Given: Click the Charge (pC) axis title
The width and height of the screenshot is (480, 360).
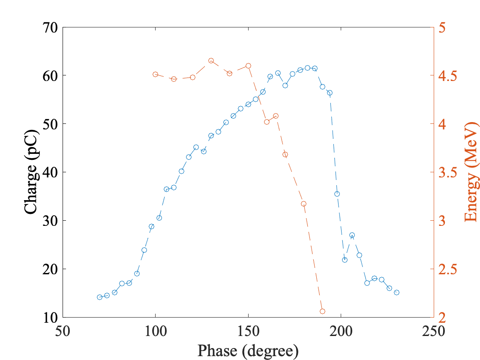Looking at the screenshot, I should (x=31, y=171).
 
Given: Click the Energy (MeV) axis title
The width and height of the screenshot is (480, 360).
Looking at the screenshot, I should (x=471, y=171).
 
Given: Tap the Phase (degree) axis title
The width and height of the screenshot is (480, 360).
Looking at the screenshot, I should (x=248, y=351).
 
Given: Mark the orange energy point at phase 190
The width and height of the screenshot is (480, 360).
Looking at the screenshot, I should (x=322, y=311).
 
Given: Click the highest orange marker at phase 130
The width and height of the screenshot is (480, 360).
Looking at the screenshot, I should (x=211, y=61).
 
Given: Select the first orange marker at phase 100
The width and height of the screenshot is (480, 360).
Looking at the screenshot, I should (x=155, y=74).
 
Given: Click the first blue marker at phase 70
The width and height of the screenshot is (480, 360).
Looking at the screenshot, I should (x=99, y=297).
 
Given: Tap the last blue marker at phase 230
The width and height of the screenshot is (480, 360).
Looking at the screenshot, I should (x=396, y=292).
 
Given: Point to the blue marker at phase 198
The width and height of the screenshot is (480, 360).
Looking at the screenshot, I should (x=337, y=194).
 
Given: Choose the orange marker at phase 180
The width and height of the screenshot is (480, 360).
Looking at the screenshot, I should (x=303, y=204).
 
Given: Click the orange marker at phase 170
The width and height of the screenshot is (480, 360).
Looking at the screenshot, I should (x=285, y=154).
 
